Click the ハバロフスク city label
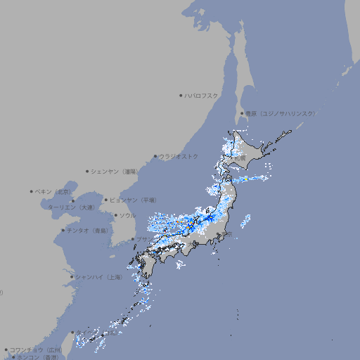click(202, 95)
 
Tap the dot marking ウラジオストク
click(155, 156)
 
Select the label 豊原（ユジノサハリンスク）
click(280, 113)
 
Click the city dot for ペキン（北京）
click(32, 191)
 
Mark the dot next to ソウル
click(115, 216)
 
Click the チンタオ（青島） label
click(88, 230)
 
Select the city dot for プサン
click(133, 239)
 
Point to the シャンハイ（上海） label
click(98, 277)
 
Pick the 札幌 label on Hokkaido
click(240, 159)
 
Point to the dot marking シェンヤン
click(87, 171)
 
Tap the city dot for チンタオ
click(63, 230)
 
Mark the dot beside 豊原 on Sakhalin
click(241, 113)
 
